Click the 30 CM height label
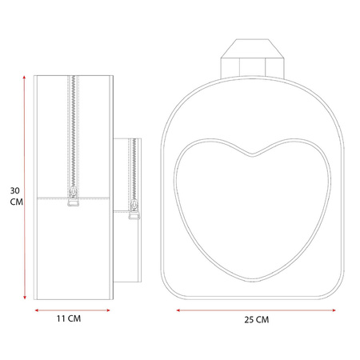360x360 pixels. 16,196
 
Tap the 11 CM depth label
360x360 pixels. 69,318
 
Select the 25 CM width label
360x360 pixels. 257,319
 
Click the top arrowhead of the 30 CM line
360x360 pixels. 24,78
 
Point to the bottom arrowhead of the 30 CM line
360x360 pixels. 25,298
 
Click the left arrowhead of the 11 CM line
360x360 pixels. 37,310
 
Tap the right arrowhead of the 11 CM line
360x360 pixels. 108,310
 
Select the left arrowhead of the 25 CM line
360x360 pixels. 178,310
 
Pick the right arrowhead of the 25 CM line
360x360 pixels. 334,310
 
